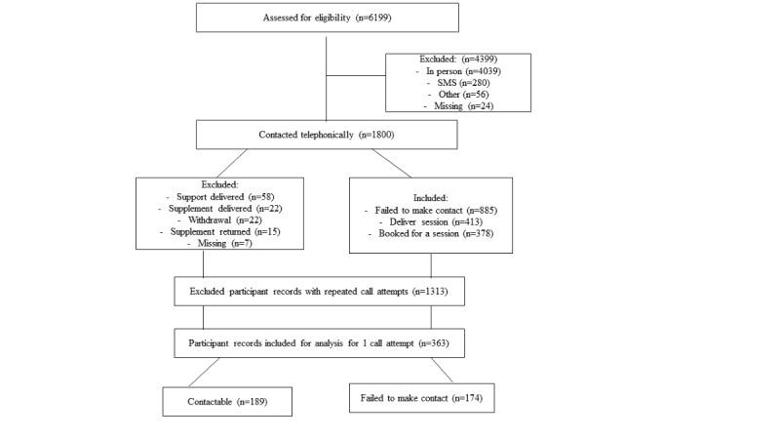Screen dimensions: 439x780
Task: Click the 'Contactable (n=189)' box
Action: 226,402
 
